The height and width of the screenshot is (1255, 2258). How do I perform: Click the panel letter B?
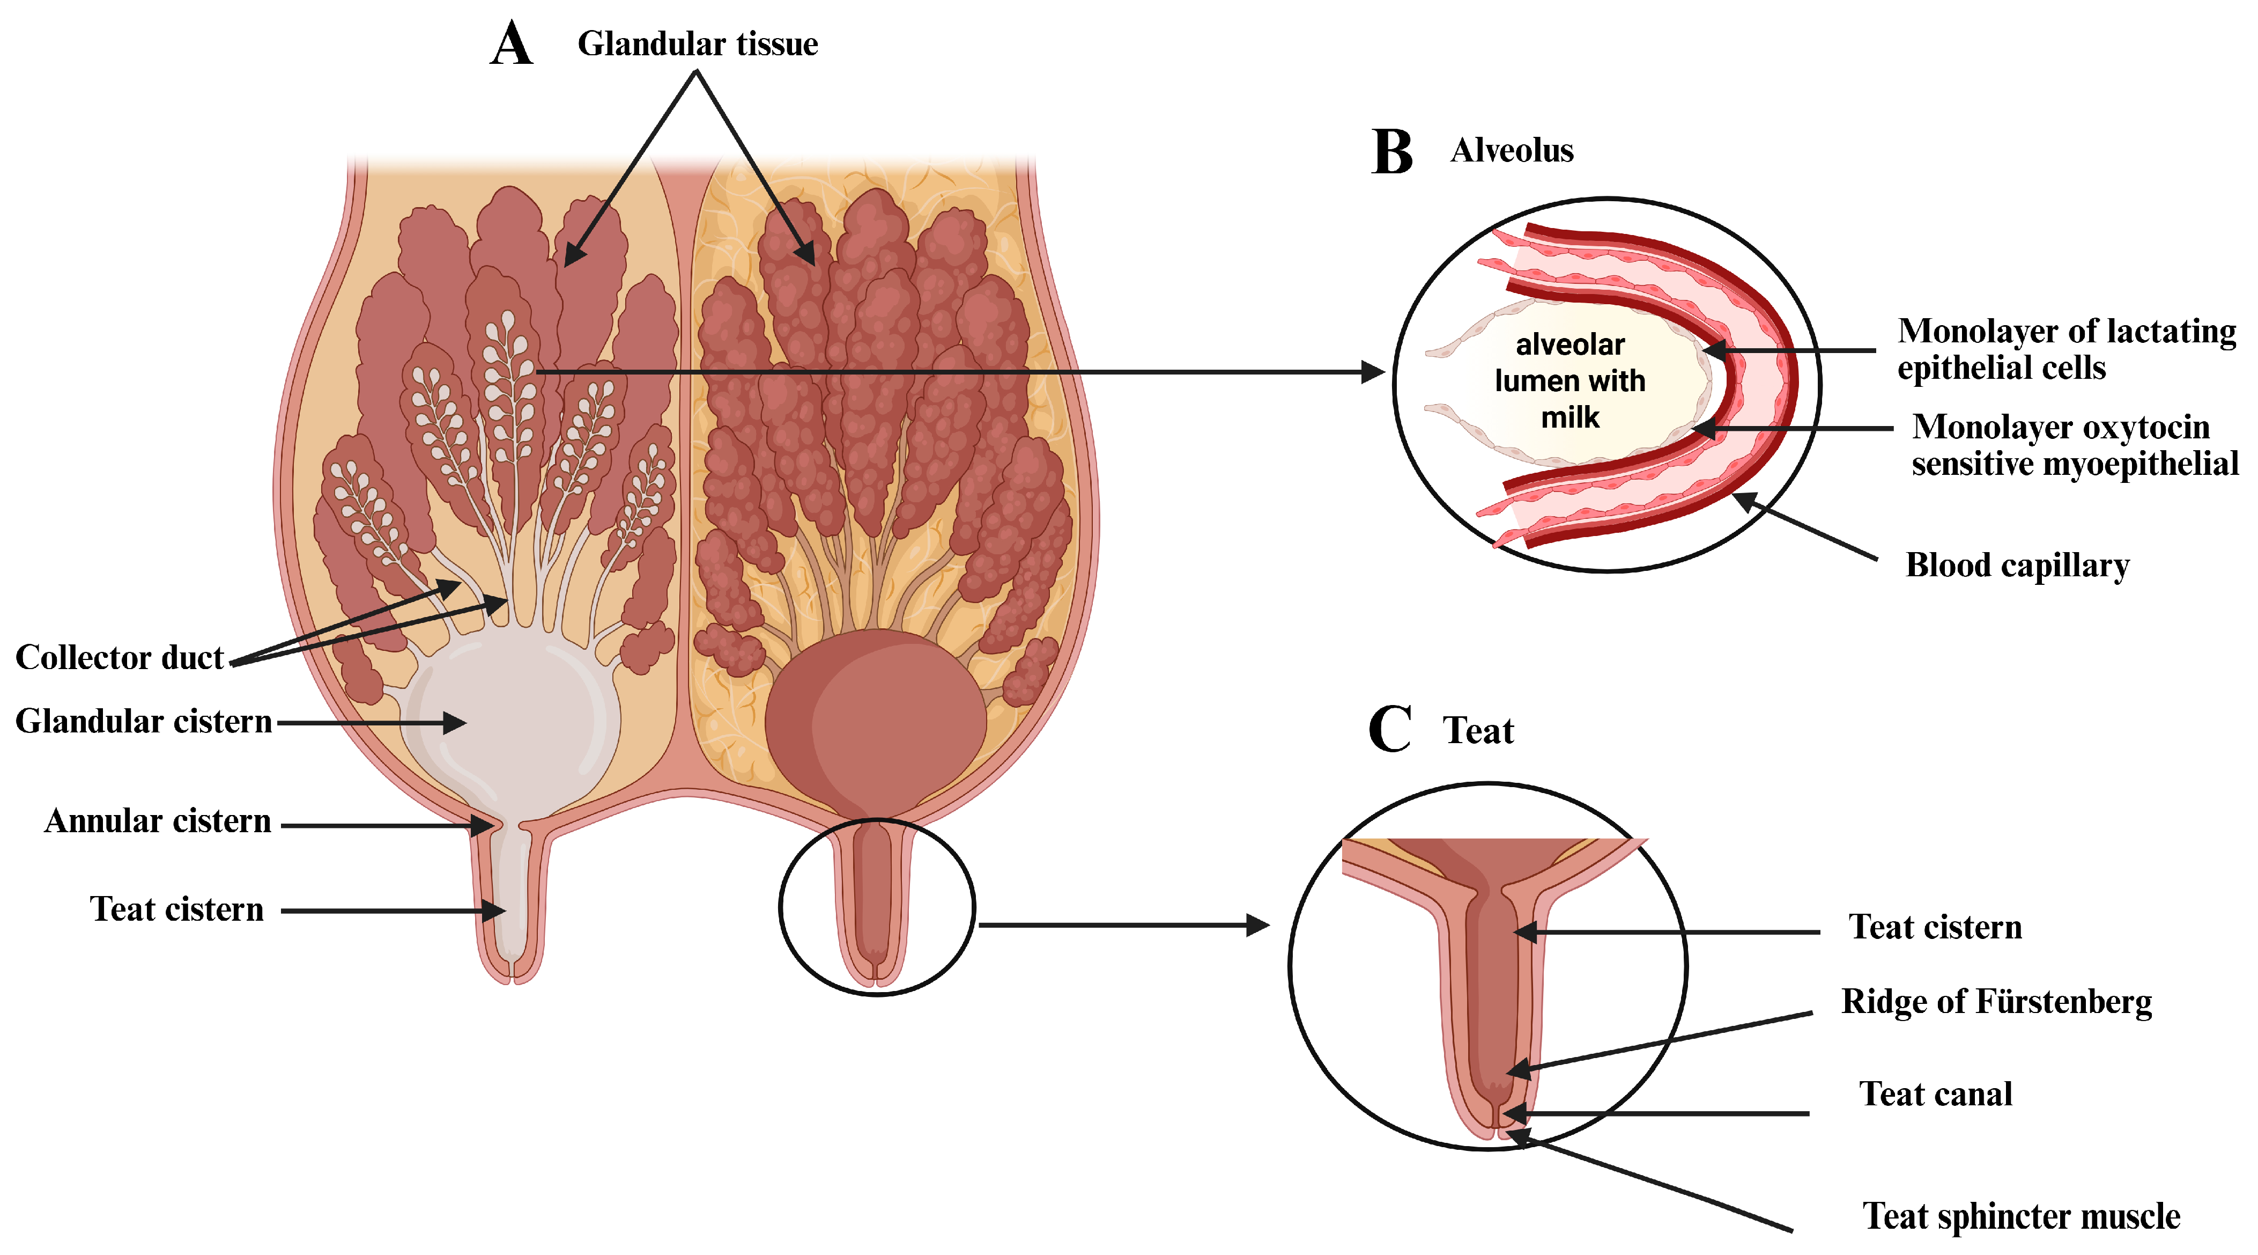[1392, 152]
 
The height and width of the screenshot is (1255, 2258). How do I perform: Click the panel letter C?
[1389, 729]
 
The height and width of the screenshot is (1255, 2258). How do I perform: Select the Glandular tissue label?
[697, 44]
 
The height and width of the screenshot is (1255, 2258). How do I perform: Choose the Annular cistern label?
[158, 822]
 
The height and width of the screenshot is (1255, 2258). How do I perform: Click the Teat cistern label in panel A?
[176, 909]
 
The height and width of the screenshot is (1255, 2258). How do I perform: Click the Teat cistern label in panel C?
[1935, 927]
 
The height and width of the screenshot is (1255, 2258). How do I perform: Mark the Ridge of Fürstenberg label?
[1996, 1002]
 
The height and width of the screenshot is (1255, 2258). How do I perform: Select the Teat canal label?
[1935, 1095]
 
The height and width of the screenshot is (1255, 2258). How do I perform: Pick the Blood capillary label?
[2017, 566]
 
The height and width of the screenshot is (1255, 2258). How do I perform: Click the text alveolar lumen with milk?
[1570, 380]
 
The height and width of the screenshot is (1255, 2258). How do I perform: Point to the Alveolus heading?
[1512, 151]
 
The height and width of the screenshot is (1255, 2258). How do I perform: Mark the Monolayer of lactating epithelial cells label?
[2066, 349]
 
